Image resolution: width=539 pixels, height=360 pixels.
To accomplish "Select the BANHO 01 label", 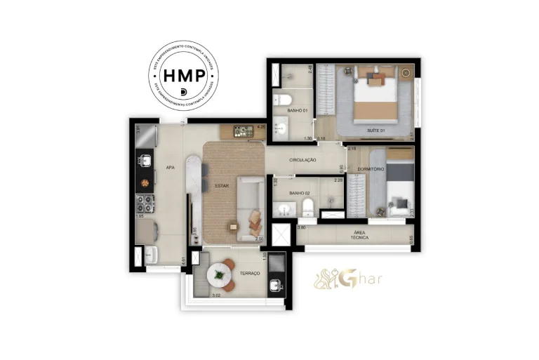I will tap(297, 111).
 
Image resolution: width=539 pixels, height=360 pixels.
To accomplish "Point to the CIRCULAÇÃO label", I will tap(302, 160).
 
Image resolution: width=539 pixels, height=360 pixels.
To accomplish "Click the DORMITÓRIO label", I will tap(370, 169).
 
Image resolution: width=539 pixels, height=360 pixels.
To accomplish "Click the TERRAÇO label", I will tap(250, 274).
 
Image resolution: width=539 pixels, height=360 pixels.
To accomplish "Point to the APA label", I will tap(170, 168).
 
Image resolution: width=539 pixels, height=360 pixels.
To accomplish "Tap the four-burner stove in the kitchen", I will tap(145, 204).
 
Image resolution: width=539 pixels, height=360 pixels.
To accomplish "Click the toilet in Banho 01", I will tap(282, 98).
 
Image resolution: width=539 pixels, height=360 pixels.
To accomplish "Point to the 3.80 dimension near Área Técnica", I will tap(301, 227).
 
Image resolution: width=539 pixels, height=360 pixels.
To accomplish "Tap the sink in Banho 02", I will tap(284, 209).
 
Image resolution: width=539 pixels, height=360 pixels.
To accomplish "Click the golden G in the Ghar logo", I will tap(345, 279).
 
